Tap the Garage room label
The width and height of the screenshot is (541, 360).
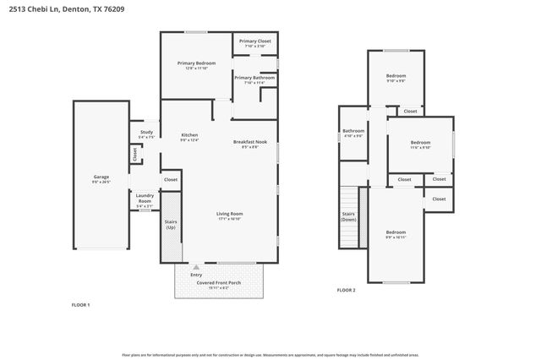pyautogui.click(x=101, y=177)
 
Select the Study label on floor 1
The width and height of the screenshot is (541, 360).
pyautogui.click(x=145, y=132)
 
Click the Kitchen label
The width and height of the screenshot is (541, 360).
pyautogui.click(x=189, y=135)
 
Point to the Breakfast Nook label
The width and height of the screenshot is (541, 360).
pyautogui.click(x=250, y=142)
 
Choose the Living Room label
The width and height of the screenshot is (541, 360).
pyautogui.click(x=231, y=214)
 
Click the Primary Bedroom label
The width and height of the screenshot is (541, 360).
pyautogui.click(x=195, y=64)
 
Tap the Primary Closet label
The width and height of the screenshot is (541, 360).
pyautogui.click(x=254, y=41)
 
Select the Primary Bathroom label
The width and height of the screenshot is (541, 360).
pyautogui.click(x=254, y=78)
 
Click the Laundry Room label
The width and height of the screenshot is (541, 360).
pyautogui.click(x=145, y=199)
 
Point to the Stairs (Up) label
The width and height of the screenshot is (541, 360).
pyautogui.click(x=170, y=224)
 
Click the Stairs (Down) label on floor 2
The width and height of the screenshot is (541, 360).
pyautogui.click(x=348, y=216)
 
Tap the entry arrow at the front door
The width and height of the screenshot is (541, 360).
pyautogui.click(x=196, y=266)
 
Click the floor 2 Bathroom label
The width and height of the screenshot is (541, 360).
pyautogui.click(x=352, y=131)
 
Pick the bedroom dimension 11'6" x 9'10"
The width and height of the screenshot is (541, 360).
pyautogui.click(x=420, y=147)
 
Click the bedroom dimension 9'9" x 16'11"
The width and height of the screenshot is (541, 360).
pyautogui.click(x=396, y=237)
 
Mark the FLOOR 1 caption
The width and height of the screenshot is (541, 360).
pyautogui.click(x=79, y=304)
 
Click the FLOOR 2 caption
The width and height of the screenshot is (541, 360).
pyautogui.click(x=347, y=290)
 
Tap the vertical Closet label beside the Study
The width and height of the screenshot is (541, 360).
pyautogui.click(x=134, y=154)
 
